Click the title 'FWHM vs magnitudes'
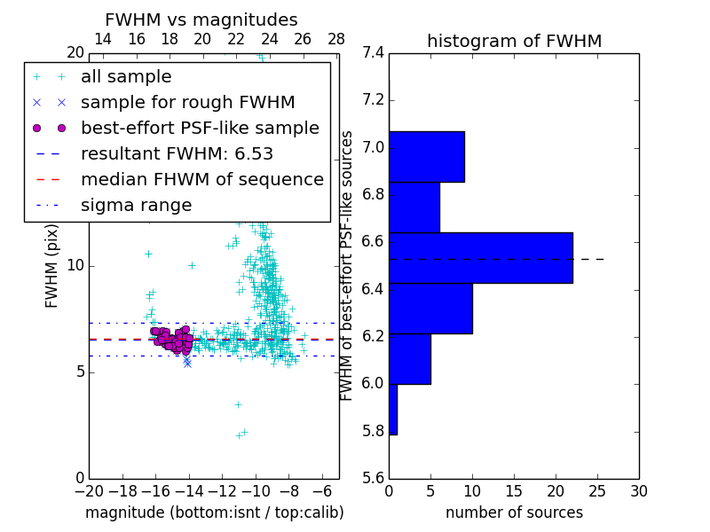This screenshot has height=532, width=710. (x=201, y=20)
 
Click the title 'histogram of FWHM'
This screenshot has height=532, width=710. (x=514, y=41)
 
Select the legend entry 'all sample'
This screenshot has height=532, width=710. (x=126, y=77)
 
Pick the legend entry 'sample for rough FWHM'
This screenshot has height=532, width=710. (x=187, y=102)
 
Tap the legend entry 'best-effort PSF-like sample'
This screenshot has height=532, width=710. (x=200, y=128)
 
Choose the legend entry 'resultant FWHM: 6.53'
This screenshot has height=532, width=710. (x=177, y=153)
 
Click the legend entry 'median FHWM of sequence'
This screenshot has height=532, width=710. (x=201, y=179)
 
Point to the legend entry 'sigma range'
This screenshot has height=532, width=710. (x=136, y=205)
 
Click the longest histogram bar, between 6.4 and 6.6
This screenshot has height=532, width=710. (x=480, y=258)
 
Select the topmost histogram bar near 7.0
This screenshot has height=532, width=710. (x=426, y=157)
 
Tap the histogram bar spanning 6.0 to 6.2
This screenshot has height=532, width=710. (x=409, y=359)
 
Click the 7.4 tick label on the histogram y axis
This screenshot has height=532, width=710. (x=373, y=53)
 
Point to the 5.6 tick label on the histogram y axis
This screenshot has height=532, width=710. (x=373, y=478)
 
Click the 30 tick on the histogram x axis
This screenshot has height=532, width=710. (x=638, y=491)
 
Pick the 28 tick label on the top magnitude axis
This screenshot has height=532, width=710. (x=336, y=39)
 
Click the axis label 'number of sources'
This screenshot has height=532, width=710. (x=514, y=512)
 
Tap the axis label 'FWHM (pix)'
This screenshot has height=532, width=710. (x=52, y=265)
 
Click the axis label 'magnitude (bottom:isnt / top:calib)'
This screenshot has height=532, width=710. (x=214, y=512)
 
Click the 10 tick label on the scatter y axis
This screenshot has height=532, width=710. (x=75, y=265)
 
